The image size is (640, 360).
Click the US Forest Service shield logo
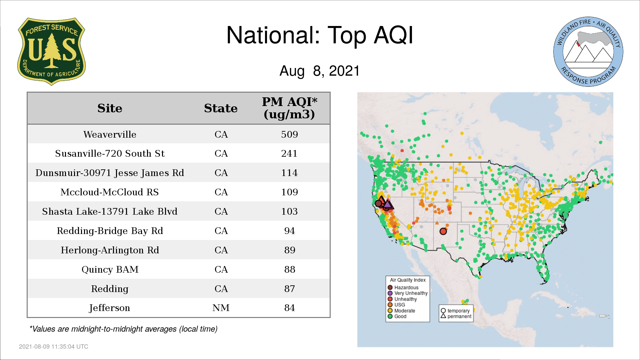tap(51, 52)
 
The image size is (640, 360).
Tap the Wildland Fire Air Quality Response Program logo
tap(588, 52)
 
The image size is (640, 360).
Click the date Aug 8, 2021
tap(320, 71)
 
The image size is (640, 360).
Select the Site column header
tap(110, 108)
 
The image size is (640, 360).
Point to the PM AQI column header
tap(289, 108)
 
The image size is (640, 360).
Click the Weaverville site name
tap(110, 134)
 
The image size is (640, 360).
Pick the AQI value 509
tap(289, 134)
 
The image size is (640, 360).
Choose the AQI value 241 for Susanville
tap(289, 153)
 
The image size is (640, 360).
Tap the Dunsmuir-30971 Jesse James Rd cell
tap(110, 173)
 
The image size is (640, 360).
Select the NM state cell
tap(221, 308)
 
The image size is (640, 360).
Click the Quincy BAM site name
tap(110, 269)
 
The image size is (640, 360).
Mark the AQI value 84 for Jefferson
tap(289, 308)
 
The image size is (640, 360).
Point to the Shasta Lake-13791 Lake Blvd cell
tap(110, 211)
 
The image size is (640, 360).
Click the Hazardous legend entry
tap(403, 287)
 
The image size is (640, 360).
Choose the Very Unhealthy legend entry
tap(407, 293)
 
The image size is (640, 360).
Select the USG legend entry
tap(396, 305)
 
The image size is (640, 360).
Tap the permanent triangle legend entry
tap(456, 316)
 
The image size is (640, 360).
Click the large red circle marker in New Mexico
tap(443, 231)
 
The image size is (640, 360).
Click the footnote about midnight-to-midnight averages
tap(123, 329)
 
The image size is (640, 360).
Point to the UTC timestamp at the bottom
tap(54, 347)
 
